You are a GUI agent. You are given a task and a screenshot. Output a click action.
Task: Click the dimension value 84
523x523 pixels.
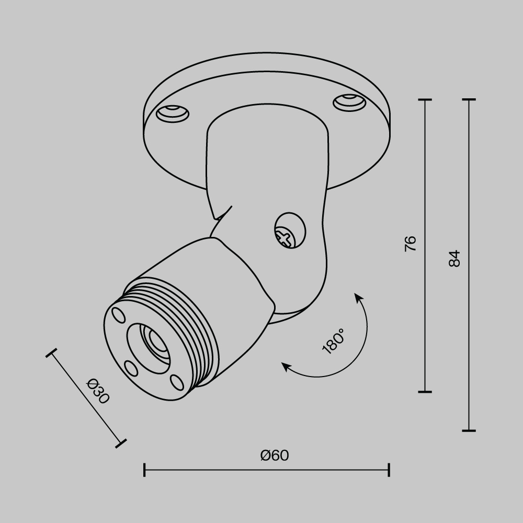454,258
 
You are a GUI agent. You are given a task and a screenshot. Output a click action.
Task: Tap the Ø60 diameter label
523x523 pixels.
274,456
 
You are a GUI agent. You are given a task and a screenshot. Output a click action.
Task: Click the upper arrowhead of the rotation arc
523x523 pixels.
359,298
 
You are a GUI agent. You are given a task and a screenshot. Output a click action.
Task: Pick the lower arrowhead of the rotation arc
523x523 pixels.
286,366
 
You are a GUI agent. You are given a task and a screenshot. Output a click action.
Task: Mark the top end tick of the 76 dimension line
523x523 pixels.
425,99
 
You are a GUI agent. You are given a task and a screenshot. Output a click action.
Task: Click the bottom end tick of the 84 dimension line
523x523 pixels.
469,431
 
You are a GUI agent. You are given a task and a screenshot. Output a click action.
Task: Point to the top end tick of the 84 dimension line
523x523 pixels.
469,99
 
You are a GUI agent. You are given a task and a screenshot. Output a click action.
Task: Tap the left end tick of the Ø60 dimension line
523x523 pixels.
144,470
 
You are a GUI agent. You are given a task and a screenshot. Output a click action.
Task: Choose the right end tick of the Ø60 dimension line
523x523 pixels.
389,470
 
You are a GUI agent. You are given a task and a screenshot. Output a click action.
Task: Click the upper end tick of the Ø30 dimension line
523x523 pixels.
51,354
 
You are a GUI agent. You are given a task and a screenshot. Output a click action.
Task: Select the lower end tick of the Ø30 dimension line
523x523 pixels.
121,444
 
